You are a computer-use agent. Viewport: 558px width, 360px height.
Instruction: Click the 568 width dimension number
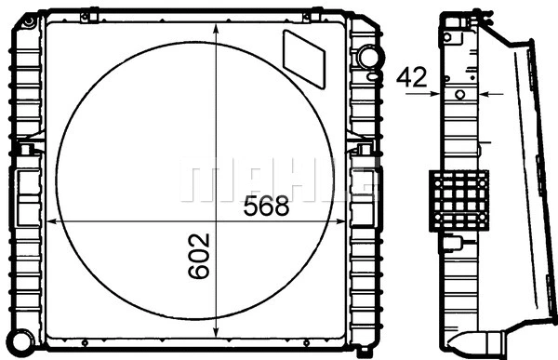[x=266, y=207]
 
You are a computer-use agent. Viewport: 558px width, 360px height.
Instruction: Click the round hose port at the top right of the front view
[x=369, y=58]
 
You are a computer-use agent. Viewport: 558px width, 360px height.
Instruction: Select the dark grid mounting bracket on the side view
[x=458, y=201]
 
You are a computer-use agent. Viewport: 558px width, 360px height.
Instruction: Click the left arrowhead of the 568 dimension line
[x=52, y=222]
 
